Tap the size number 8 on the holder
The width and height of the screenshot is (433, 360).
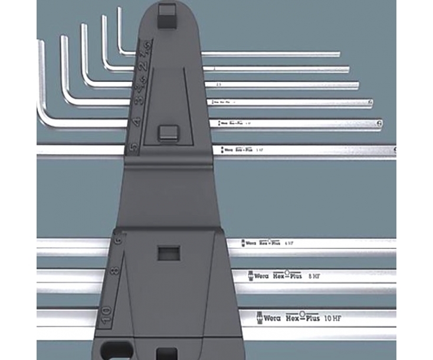click(114, 271)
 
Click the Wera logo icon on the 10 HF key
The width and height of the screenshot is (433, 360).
click(259, 318)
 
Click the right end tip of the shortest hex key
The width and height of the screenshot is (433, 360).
click(338, 55)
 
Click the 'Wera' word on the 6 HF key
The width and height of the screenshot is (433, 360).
click(251, 243)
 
